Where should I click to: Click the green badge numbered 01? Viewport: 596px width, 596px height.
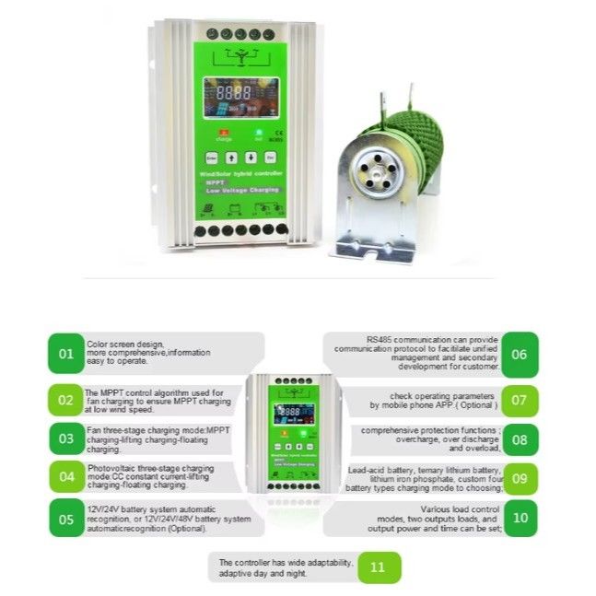tap(65, 353)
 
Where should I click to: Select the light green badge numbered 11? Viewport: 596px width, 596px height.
tap(378, 567)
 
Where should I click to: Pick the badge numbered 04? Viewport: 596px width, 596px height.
tap(65, 476)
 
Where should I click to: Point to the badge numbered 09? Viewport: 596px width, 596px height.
tap(520, 478)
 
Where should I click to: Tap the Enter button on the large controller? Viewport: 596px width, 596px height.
tap(211, 157)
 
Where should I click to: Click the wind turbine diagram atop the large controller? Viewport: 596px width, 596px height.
tap(240, 54)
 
